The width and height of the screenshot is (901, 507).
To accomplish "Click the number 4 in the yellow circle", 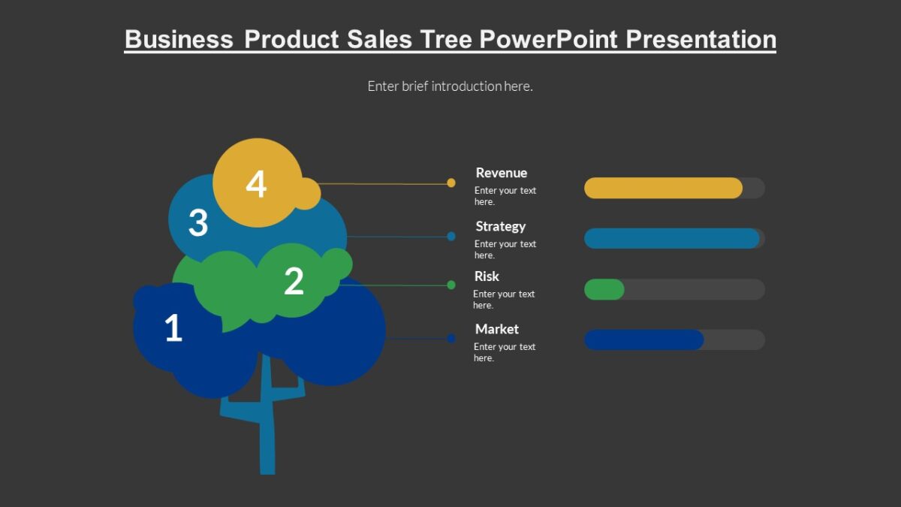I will (256, 184).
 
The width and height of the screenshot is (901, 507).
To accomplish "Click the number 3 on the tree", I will (197, 223).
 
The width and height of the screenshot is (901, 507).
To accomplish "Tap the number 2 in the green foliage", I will (294, 281).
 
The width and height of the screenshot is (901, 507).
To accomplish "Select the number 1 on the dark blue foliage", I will (173, 328).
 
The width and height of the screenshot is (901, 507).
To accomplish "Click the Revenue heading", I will (501, 173).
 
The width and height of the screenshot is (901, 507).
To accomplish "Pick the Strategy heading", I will (500, 226).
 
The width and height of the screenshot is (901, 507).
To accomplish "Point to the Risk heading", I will (487, 276).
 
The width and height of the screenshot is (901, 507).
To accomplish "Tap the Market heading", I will (496, 329).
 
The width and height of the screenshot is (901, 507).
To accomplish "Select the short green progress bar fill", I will (604, 289).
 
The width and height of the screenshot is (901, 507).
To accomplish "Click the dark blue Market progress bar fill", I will (643, 340).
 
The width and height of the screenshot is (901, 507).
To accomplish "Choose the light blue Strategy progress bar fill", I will (671, 238).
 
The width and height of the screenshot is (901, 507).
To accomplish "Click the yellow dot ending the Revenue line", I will (451, 183).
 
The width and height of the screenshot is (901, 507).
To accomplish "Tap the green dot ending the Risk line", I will (451, 285).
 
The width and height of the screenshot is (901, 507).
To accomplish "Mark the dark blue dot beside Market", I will (451, 338).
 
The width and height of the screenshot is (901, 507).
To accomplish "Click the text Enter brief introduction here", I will (450, 86).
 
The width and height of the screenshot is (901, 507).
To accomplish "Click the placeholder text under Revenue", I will (505, 196).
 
